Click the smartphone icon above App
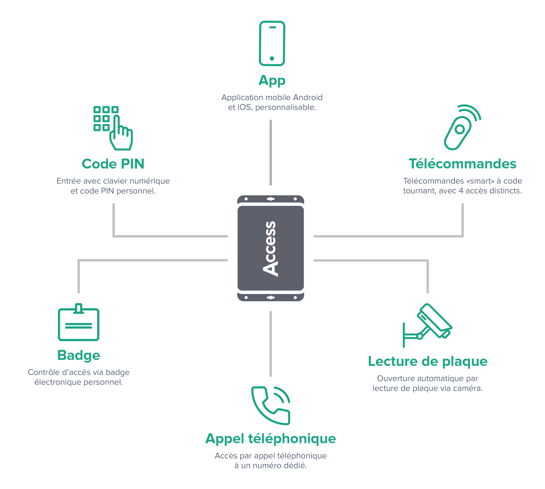point(272,43)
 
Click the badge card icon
point(79,323)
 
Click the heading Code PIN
point(113,164)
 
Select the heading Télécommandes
point(462,164)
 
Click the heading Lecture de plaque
point(427,361)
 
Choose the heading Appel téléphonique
point(271,439)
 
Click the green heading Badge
point(79,355)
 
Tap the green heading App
point(272,81)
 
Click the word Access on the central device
point(270,248)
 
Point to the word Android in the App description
point(308,98)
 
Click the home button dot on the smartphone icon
point(272,58)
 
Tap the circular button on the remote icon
point(460,130)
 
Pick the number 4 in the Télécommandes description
point(461,191)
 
